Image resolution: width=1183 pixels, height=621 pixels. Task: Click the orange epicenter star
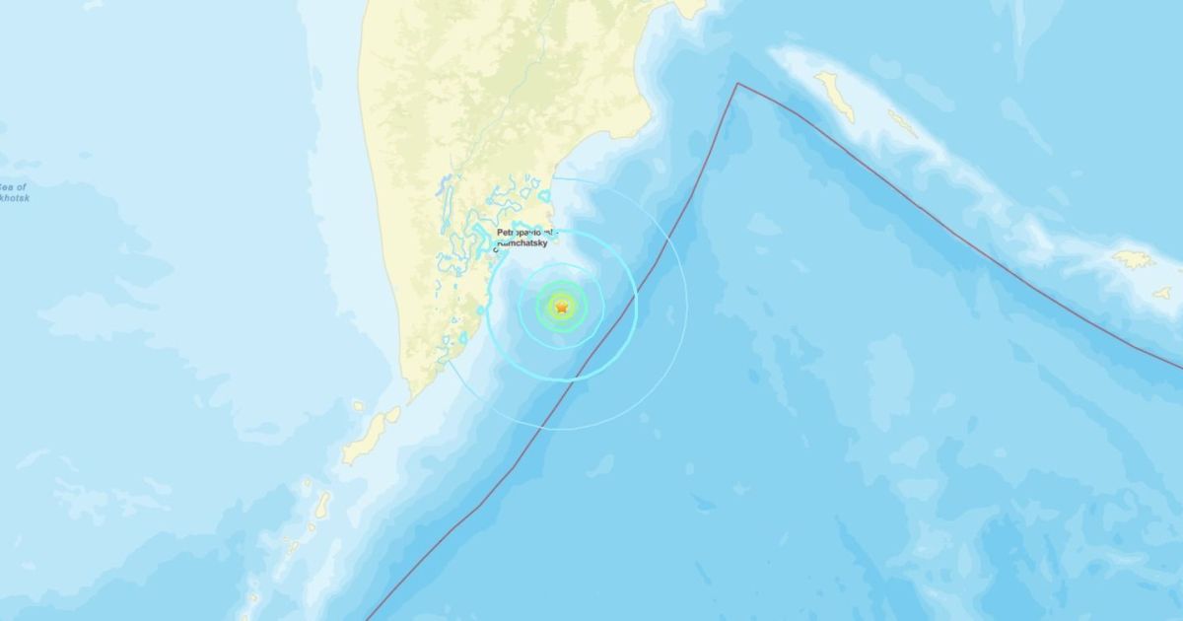click(x=562, y=308)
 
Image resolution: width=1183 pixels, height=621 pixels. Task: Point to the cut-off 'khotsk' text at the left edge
click(x=15, y=198)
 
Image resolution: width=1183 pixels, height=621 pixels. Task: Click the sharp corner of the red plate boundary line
click(x=737, y=84)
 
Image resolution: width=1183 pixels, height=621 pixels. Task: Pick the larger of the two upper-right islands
click(x=835, y=97)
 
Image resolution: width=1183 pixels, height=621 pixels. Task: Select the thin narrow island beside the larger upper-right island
click(x=902, y=123)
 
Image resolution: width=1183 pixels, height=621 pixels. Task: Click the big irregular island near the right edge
click(x=1134, y=259)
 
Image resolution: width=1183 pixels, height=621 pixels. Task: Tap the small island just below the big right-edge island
click(x=1163, y=293)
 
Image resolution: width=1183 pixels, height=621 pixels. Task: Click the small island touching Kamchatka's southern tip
click(x=392, y=415)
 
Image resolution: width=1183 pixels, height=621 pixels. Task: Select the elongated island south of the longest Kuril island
click(x=322, y=505)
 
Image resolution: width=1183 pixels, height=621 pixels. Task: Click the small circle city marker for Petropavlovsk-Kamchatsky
click(x=496, y=250)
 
